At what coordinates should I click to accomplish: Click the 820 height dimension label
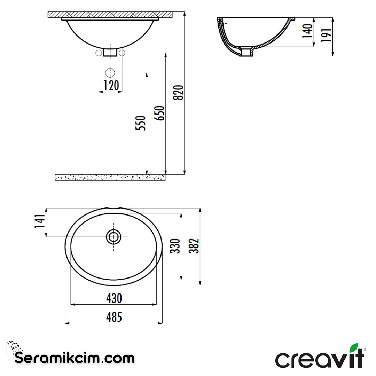pyautogui.click(x=178, y=92)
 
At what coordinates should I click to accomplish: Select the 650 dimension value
pyautogui.click(x=160, y=113)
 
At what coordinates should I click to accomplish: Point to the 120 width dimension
pyautogui.click(x=111, y=85)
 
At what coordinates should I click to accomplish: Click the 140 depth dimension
pyautogui.click(x=307, y=32)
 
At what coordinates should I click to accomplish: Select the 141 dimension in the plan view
pyautogui.click(x=40, y=222)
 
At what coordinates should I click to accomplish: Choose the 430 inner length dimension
pyautogui.click(x=114, y=298)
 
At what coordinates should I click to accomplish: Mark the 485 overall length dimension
pyautogui.click(x=114, y=317)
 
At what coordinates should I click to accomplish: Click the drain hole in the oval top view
pyautogui.click(x=113, y=237)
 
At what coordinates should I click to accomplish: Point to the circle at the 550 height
pyautogui.click(x=110, y=73)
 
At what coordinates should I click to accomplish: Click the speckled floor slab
pyautogui.click(x=110, y=177)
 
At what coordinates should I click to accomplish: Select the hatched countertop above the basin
pyautogui.click(x=110, y=15)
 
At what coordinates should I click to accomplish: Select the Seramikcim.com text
pyautogui.click(x=75, y=358)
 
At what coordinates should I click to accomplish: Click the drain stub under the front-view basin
pyautogui.click(x=110, y=53)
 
